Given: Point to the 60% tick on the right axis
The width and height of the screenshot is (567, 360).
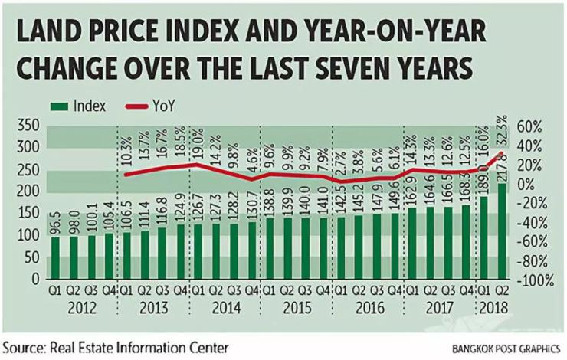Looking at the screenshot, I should pyautogui.click(x=531, y=126).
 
